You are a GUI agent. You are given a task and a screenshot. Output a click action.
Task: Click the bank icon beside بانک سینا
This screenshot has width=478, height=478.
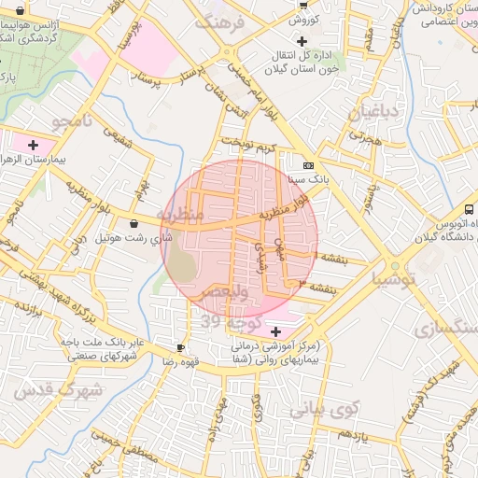click(x=308, y=165)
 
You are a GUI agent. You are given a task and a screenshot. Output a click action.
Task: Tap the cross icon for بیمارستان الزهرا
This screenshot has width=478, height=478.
click(x=34, y=145)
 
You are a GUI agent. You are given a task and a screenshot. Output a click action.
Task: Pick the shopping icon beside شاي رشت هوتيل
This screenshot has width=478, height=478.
click(x=135, y=224)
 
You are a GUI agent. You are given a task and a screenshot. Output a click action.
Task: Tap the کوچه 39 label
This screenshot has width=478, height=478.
click(x=230, y=320)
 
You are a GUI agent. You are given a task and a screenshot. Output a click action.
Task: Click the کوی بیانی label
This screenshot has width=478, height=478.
click(x=323, y=408)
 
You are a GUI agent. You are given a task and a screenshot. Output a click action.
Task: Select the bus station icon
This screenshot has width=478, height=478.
click(x=469, y=209)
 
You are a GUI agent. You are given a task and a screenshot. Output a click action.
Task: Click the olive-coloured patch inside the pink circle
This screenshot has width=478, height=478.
click(x=184, y=263)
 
